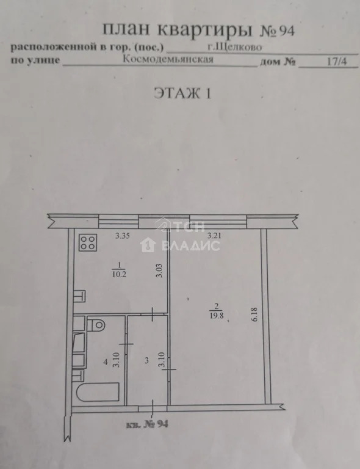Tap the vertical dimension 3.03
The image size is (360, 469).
click(160, 270)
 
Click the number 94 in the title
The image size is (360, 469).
click(281, 29)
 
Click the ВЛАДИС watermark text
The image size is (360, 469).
click(191, 245)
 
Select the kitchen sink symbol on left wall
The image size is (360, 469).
click(80, 297)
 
